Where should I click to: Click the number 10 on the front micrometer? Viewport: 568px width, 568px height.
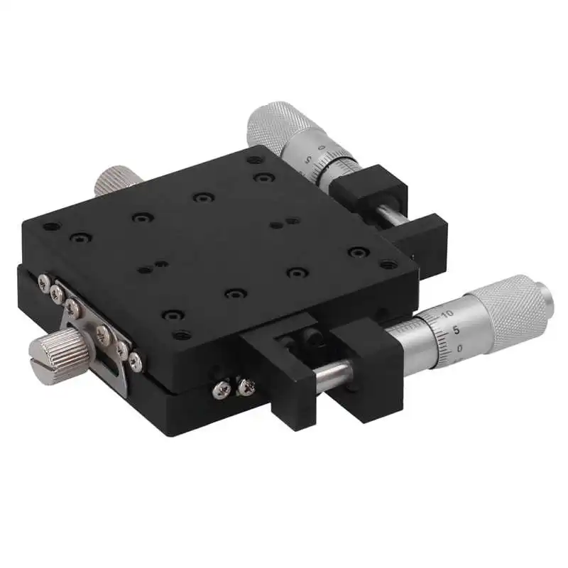point(447,313)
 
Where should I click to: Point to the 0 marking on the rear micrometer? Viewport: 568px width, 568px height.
point(322,148)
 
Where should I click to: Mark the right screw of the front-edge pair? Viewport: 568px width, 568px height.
point(246,386)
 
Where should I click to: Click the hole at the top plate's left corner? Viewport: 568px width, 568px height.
point(48,229)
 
